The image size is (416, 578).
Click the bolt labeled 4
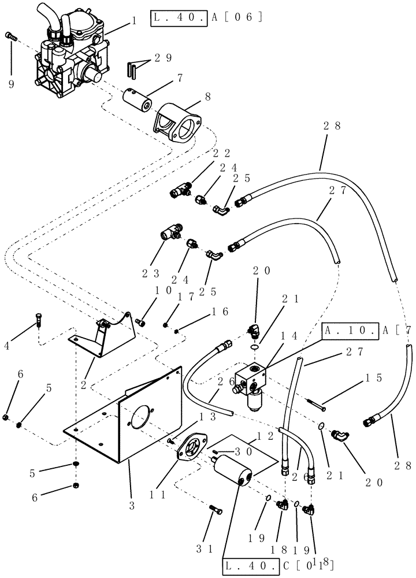click(39, 318)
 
